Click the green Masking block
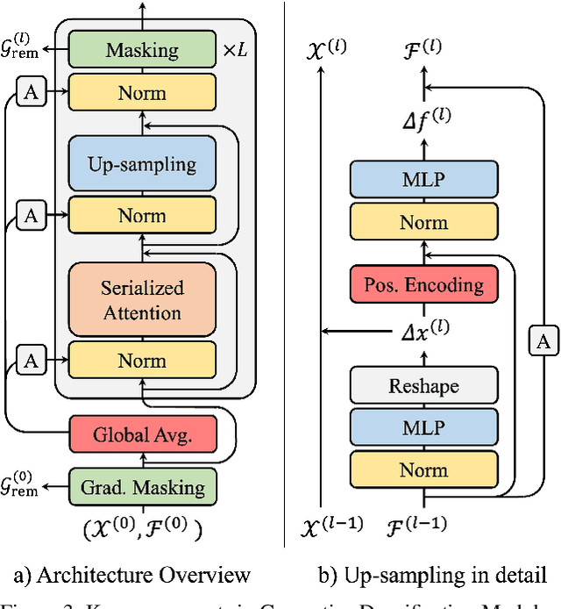click(x=142, y=50)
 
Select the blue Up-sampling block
click(x=142, y=164)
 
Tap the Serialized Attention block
click(x=142, y=300)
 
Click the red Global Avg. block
click(x=142, y=433)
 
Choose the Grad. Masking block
click(x=142, y=487)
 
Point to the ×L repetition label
click(x=233, y=50)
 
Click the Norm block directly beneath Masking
click(x=142, y=92)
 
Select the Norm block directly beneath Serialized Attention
click(x=142, y=361)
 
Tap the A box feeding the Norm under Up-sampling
click(x=30, y=215)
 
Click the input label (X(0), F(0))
click(x=142, y=529)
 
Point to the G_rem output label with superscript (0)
click(x=20, y=485)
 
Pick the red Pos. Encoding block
click(x=423, y=284)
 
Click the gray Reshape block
click(x=423, y=386)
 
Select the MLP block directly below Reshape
click(x=423, y=428)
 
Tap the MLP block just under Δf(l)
click(x=423, y=180)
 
